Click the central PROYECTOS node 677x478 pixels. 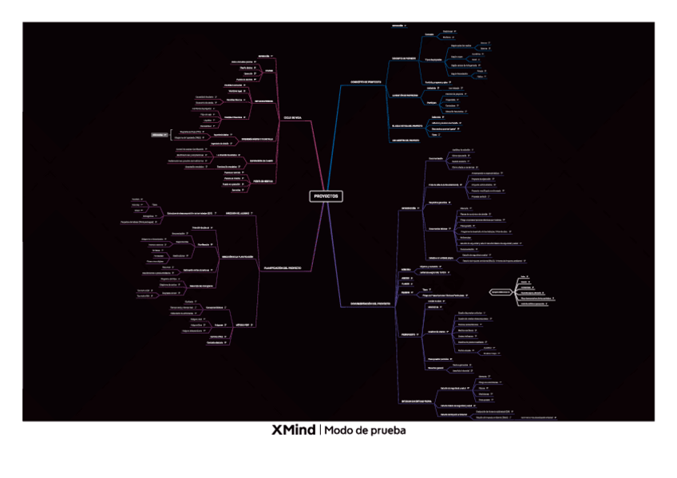pyautogui.click(x=326, y=196)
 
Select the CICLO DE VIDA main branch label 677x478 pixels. pyautogui.click(x=293, y=117)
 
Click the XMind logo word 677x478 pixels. pyautogui.click(x=293, y=431)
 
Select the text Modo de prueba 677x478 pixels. pyautogui.click(x=365, y=431)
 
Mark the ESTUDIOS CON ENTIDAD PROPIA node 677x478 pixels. pyautogui.click(x=416, y=401)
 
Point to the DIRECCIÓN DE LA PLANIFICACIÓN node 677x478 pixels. pyautogui.click(x=237, y=256)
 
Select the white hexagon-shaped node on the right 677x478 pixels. pyautogui.click(x=501, y=292)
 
